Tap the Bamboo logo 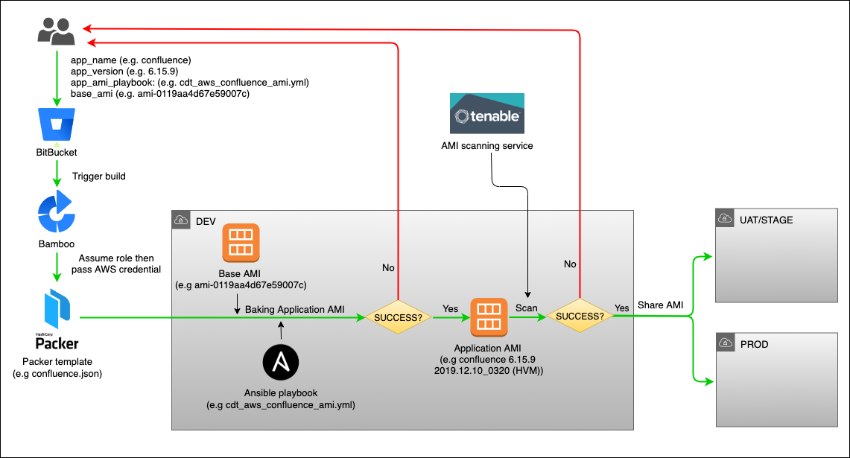[x=56, y=212]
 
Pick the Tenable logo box [x=487, y=113]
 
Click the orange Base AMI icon [x=241, y=243]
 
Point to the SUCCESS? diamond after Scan [x=581, y=317]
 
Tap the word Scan [x=527, y=307]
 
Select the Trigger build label [x=99, y=176]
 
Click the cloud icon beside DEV [x=180, y=220]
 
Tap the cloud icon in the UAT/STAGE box [x=724, y=218]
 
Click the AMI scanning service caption [x=487, y=146]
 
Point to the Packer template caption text [x=57, y=367]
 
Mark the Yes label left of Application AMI [x=451, y=307]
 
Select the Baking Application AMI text [x=294, y=309]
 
